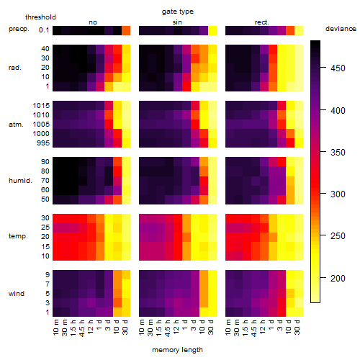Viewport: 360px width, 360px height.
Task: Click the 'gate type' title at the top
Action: click(178, 12)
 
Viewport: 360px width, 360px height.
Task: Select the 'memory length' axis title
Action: click(177, 350)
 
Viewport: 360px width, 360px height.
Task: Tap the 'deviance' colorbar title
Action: click(341, 29)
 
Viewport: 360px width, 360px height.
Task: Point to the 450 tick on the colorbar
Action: click(323, 68)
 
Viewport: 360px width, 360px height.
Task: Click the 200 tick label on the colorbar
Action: click(338, 279)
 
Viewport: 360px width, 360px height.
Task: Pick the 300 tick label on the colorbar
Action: click(338, 194)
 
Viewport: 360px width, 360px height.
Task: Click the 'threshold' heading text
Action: click(40, 17)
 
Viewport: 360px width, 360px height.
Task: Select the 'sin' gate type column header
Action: click(177, 22)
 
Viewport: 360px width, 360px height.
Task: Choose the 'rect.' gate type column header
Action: click(261, 22)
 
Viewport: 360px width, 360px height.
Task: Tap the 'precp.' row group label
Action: click(19, 29)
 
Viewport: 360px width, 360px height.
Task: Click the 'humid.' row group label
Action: click(20, 181)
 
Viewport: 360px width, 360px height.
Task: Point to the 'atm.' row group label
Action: click(16, 125)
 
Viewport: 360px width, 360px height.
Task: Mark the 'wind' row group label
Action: click(17, 294)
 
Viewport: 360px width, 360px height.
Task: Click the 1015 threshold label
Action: click(41, 106)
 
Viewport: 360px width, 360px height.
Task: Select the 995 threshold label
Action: click(43, 143)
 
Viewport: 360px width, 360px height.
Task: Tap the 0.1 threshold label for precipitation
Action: click(44, 30)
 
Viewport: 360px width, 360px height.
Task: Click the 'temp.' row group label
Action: click(18, 236)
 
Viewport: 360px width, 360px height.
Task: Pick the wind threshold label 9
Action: click(48, 275)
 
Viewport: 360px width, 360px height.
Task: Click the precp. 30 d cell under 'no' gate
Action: click(126, 30)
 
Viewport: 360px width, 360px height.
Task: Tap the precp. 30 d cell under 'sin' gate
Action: click(212, 30)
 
